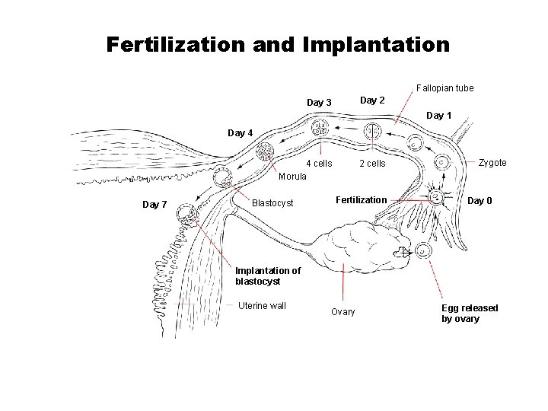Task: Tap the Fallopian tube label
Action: pos(444,88)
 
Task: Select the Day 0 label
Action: pos(479,201)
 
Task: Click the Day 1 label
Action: pos(438,116)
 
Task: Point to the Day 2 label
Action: pos(372,100)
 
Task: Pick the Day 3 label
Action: pos(319,103)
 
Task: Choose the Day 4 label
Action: pos(240,133)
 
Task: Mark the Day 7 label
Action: pos(155,204)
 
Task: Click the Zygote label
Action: pos(492,163)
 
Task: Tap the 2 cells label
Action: pos(372,164)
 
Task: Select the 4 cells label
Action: pos(319,164)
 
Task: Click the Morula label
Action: pos(292,176)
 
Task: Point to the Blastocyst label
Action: pos(272,203)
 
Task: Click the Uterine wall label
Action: pos(262,306)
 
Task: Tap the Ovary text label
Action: pos(342,312)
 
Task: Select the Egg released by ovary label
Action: pos(470,313)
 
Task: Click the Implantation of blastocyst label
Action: pos(267,276)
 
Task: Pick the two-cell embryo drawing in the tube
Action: pos(372,132)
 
